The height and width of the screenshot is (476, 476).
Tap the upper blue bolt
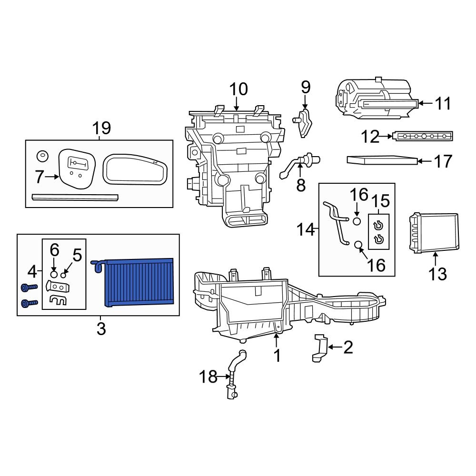click(x=29, y=288)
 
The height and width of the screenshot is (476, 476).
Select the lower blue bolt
click(x=29, y=303)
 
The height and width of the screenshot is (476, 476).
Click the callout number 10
click(x=238, y=89)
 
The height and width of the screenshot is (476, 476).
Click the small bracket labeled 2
click(x=320, y=348)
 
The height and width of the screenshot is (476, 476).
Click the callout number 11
click(x=443, y=103)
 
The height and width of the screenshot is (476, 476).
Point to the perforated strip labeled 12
click(x=423, y=137)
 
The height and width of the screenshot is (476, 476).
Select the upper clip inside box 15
click(x=379, y=225)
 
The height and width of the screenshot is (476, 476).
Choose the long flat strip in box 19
click(x=75, y=197)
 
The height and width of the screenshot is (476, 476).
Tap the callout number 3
click(x=101, y=328)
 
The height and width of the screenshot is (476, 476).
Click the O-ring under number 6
click(x=54, y=275)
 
